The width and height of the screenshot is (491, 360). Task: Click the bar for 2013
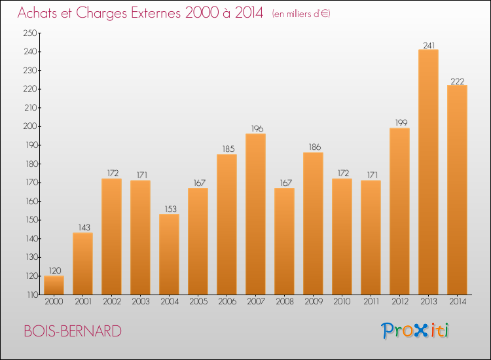click(428, 172)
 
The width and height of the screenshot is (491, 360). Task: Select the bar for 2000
click(54, 285)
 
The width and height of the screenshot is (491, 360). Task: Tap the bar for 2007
click(255, 214)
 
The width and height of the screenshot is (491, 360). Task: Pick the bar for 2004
click(169, 254)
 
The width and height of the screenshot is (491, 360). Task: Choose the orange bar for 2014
click(457, 190)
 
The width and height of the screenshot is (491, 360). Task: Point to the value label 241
click(428, 45)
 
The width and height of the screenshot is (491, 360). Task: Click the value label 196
click(255, 129)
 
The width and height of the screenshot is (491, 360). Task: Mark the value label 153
click(169, 209)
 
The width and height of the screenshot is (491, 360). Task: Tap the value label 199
click(399, 123)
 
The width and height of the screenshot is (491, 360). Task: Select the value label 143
click(82, 228)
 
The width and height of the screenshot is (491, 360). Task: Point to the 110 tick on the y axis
click(31, 295)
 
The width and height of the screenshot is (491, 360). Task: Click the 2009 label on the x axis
click(313, 302)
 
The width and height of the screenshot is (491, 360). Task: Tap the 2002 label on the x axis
click(111, 302)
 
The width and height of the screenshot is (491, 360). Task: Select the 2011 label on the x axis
click(371, 302)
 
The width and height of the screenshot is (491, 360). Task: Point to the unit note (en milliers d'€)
click(301, 14)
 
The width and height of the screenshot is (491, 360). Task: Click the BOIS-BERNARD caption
click(72, 331)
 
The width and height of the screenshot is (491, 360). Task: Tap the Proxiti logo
click(415, 331)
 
